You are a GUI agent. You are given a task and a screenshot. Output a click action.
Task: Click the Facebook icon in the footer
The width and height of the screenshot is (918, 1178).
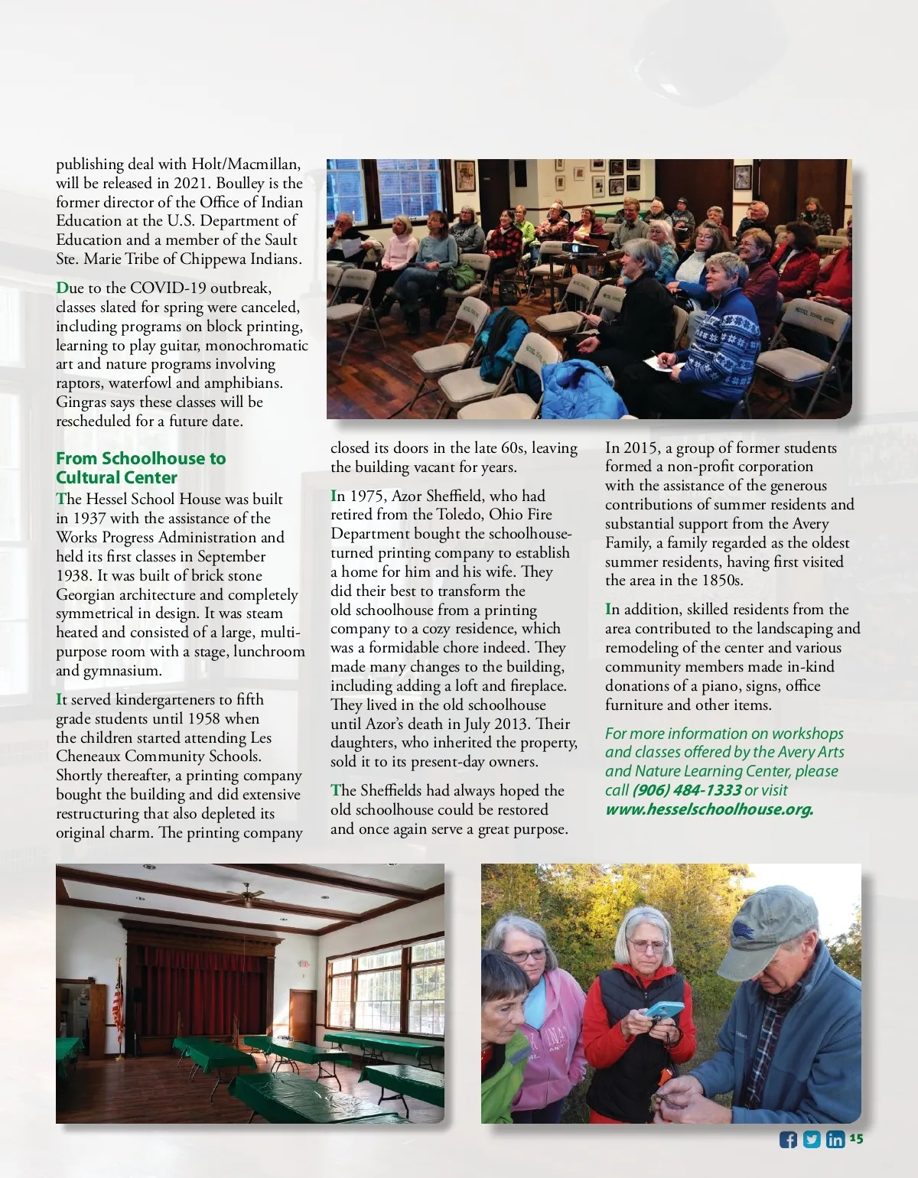coord(788,1140)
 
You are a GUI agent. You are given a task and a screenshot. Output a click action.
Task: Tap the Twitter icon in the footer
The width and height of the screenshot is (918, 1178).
coord(812,1140)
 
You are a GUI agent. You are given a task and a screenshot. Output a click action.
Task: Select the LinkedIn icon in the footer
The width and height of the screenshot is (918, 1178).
coord(835,1140)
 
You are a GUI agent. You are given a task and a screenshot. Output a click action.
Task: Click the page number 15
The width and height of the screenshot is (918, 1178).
coord(856,1139)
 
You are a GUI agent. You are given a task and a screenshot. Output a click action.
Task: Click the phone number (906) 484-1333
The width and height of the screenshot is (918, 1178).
coord(687,790)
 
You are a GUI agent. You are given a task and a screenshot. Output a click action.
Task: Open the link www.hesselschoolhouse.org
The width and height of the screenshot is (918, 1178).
coord(708,809)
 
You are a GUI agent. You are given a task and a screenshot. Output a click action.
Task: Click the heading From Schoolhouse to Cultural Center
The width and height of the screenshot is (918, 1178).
coord(141,467)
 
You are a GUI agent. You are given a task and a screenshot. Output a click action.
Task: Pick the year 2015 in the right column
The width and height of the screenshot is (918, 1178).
coord(641,448)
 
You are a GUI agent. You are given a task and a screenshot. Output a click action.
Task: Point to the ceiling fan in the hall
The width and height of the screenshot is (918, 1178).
coord(246,893)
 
